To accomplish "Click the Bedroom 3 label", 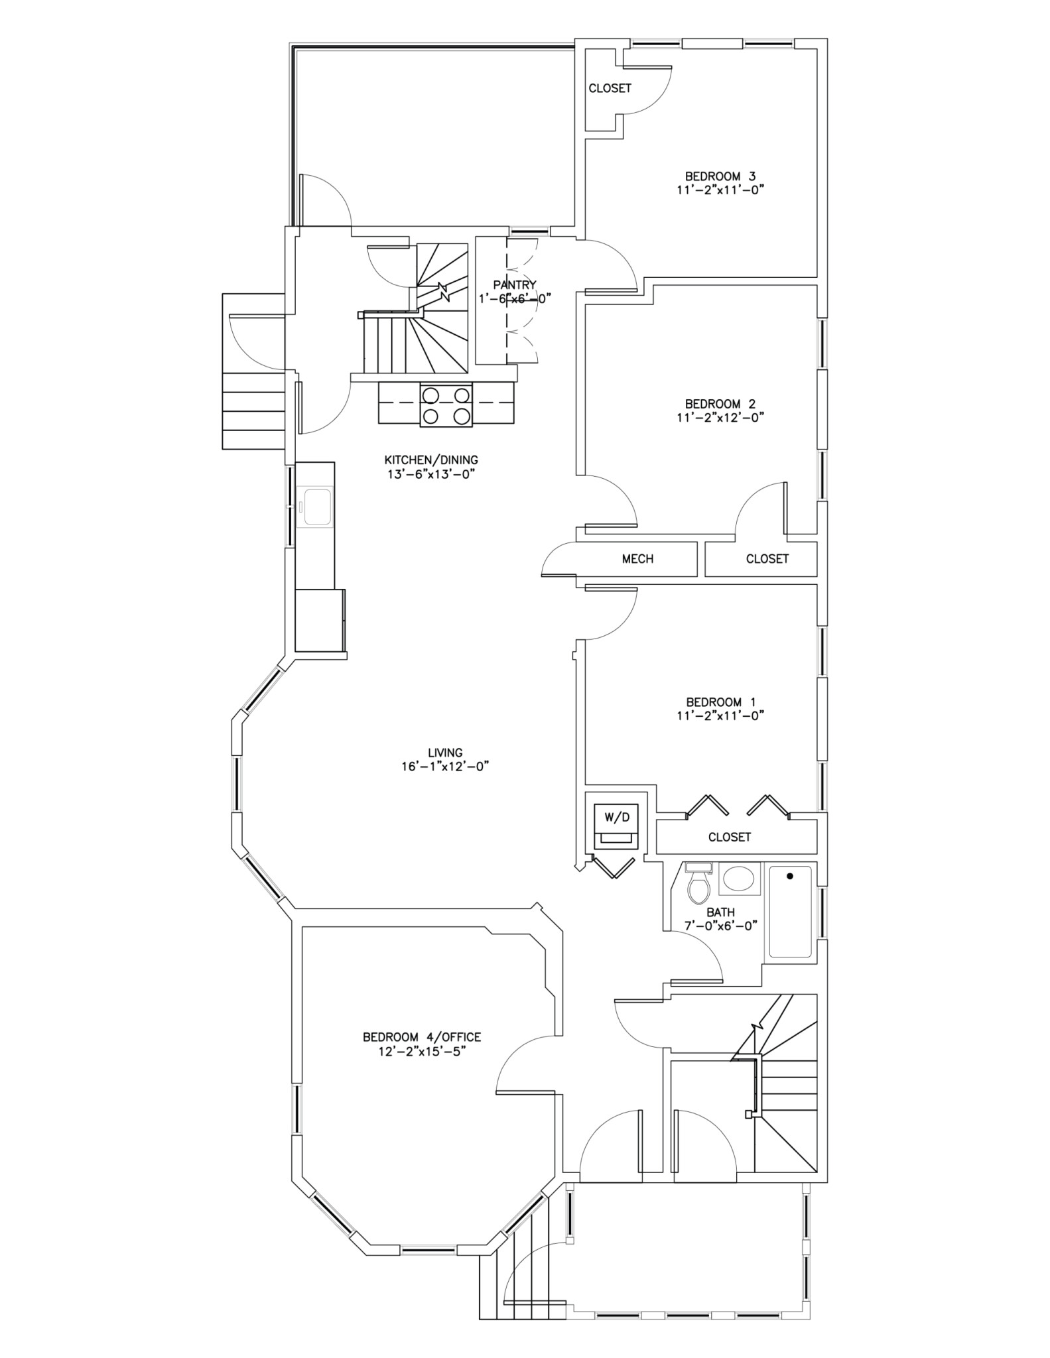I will tap(720, 176).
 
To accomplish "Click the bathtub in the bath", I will tap(790, 912).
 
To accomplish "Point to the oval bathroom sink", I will tap(738, 880).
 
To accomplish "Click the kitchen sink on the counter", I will tap(316, 507).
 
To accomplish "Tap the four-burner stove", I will tap(445, 405).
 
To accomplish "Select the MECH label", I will tap(637, 559).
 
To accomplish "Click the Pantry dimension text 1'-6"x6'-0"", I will tap(515, 298).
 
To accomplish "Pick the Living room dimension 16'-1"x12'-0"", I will tap(444, 767).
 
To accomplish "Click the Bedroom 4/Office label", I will tap(421, 1037).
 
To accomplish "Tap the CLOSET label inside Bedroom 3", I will tap(610, 88).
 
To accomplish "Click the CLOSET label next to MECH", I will tap(767, 559).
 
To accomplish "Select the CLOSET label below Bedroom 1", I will tap(729, 837).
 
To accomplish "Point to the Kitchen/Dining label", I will tap(431, 460).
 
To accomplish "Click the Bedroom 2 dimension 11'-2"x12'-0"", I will tap(720, 418).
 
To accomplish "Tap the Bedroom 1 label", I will tap(720, 702).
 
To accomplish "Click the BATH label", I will tap(720, 912).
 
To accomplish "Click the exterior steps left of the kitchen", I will tap(253, 411).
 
